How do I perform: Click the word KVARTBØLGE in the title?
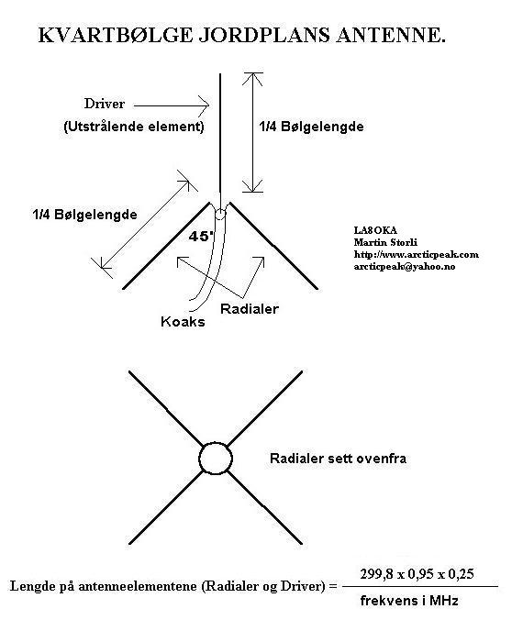pos(115,35)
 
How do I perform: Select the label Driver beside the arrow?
pos(105,104)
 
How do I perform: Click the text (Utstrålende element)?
pos(134,127)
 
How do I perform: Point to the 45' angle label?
pos(199,237)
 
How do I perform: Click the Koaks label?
pos(183,321)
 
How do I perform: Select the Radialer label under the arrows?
pos(250,309)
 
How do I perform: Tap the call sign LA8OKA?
pos(375,230)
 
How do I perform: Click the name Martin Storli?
pos(385,242)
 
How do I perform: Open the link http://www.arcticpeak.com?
pos(417,254)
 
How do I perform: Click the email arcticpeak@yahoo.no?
pos(405,267)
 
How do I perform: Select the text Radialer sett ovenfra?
pos(339,459)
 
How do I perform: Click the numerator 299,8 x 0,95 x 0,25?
pos(417,574)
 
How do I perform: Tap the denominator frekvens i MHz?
pos(409,601)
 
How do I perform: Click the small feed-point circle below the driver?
pos(220,214)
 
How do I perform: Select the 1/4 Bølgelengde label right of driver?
pos(311,127)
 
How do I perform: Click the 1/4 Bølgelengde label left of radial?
pos(84,214)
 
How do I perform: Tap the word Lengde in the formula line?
pos(33,586)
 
